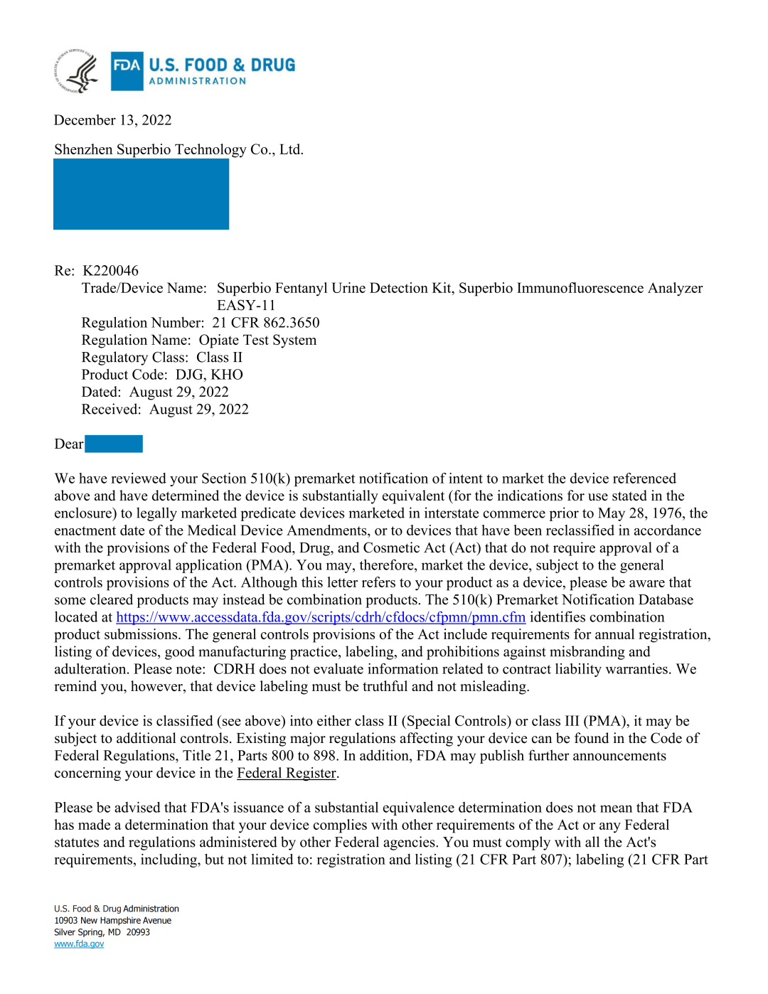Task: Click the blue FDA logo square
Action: pyautogui.click(x=127, y=71)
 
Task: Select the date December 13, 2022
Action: pyautogui.click(x=112, y=120)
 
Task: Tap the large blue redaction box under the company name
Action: pyautogui.click(x=141, y=194)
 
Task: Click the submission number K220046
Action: pyautogui.click(x=111, y=271)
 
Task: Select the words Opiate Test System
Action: pyautogui.click(x=257, y=340)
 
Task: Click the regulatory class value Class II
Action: pyautogui.click(x=219, y=358)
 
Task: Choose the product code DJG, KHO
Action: pyautogui.click(x=209, y=375)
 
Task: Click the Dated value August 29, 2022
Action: pyautogui.click(x=178, y=392)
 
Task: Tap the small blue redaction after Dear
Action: pyautogui.click(x=114, y=444)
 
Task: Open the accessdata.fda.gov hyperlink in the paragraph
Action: pyautogui.click(x=321, y=618)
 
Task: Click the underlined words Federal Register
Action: pyautogui.click(x=286, y=774)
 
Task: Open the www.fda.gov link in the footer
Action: pyautogui.click(x=79, y=944)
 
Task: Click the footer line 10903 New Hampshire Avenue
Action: pyautogui.click(x=112, y=921)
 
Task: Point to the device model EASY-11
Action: pyautogui.click(x=246, y=306)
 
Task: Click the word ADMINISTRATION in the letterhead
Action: pyautogui.click(x=198, y=81)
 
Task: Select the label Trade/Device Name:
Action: pyautogui.click(x=144, y=289)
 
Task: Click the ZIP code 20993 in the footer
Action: pyautogui.click(x=138, y=932)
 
